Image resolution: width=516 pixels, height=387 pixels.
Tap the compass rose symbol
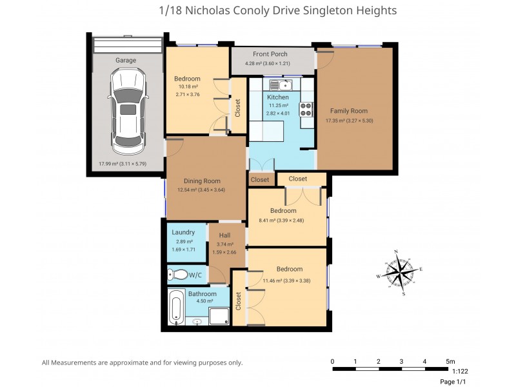(x=400, y=272)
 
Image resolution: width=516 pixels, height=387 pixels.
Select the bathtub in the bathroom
(x=176, y=308)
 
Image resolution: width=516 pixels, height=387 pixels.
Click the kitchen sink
(x=282, y=84)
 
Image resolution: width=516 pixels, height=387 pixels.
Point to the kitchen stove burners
(x=305, y=110)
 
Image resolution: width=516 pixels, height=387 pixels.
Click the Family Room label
(x=349, y=111)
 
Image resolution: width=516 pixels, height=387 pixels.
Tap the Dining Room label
(x=203, y=181)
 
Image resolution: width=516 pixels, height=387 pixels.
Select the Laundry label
(x=183, y=232)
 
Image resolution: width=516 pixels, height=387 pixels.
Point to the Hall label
(x=224, y=235)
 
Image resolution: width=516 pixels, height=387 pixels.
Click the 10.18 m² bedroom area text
(x=187, y=86)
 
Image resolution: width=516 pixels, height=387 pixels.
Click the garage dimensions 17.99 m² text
(x=123, y=164)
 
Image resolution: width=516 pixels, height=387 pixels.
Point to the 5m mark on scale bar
(x=450, y=361)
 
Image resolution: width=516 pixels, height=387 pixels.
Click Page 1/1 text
(x=453, y=382)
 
